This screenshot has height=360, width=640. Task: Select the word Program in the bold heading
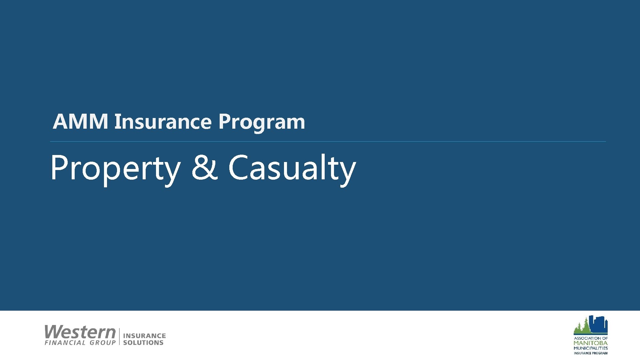(262, 122)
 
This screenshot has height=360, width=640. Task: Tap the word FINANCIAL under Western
(65, 343)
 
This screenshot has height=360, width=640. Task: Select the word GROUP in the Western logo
(103, 343)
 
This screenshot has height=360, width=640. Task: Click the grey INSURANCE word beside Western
(144, 336)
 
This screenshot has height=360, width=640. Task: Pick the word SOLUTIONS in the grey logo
(143, 343)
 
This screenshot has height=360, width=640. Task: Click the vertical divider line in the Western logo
(119, 336)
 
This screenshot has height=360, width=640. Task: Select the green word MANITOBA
(590, 343)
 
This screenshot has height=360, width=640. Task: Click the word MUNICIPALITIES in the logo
(590, 348)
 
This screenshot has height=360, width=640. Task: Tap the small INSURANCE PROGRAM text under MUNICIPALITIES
(590, 353)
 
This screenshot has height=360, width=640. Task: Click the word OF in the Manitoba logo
(605, 338)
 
